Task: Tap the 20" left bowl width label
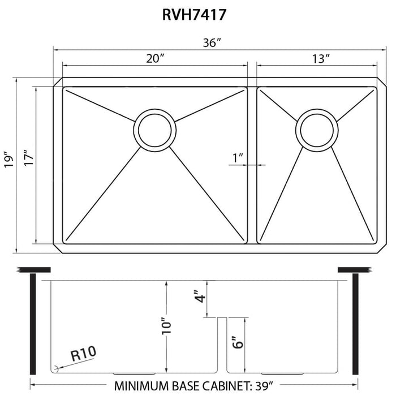click(x=153, y=59)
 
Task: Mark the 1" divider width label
click(x=238, y=158)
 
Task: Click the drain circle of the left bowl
click(x=153, y=130)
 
